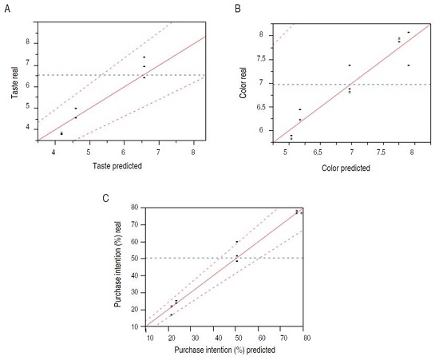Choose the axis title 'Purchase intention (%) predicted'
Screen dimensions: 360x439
pos(227,350)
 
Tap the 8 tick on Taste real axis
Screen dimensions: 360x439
pos(28,42)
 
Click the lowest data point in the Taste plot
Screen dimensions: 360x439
pos(61,133)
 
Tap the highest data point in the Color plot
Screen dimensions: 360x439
pos(409,33)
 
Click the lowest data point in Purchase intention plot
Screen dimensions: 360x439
pos(171,315)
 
